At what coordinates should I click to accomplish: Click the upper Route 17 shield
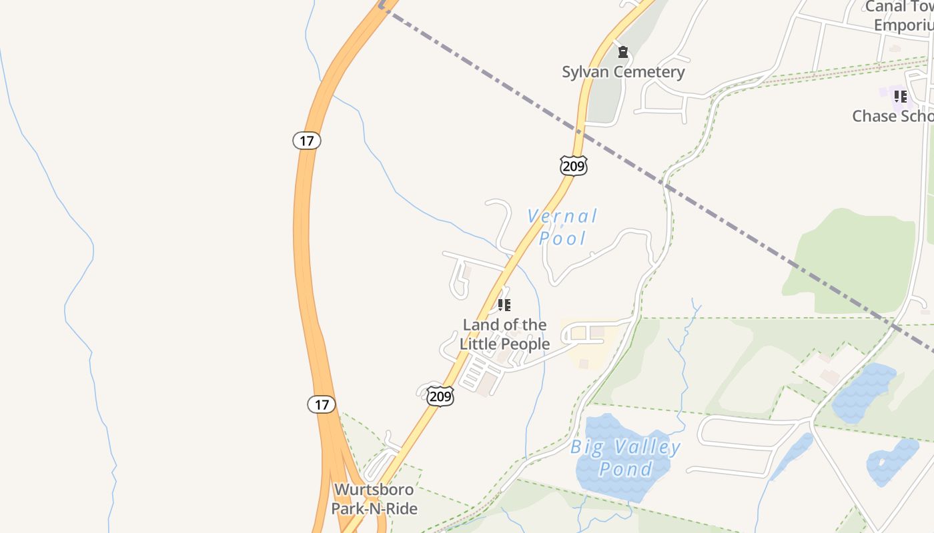click(x=307, y=141)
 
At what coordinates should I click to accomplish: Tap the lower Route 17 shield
click(x=322, y=404)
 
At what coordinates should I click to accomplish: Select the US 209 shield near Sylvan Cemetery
click(x=574, y=165)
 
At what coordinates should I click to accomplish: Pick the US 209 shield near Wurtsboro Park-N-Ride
click(x=440, y=396)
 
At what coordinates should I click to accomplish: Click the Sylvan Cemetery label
click(x=623, y=72)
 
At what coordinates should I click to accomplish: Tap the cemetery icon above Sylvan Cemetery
click(x=623, y=52)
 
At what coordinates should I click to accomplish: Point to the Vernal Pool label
click(x=562, y=227)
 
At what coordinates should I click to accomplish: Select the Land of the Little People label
click(x=504, y=334)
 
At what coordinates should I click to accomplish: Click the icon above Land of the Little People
click(x=504, y=305)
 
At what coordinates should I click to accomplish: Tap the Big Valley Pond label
click(x=625, y=458)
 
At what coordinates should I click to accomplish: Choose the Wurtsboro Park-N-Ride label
click(x=374, y=499)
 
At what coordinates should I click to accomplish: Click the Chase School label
click(x=893, y=116)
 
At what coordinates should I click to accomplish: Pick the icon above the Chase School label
click(x=900, y=97)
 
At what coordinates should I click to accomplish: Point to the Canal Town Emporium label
click(x=903, y=16)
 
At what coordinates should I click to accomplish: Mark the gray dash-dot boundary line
click(x=734, y=227)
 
